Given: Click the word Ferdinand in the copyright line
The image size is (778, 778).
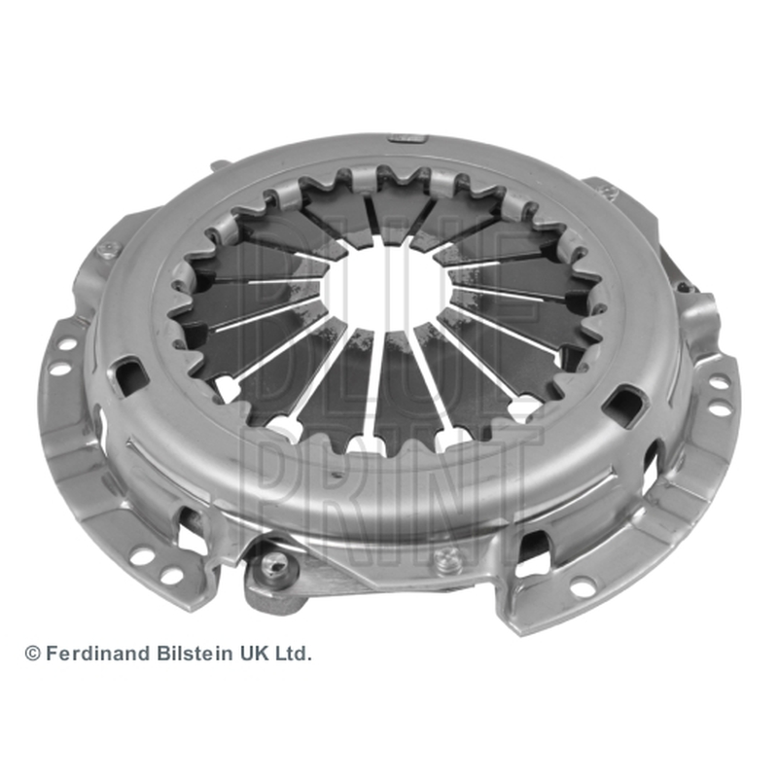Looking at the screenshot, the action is pos(98,653).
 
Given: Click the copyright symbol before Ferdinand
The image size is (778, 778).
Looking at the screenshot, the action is pos(32,654).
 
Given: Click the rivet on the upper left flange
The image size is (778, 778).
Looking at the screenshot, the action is pos(106,250).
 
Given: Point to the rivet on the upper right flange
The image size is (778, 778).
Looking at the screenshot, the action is pos(610,190).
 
